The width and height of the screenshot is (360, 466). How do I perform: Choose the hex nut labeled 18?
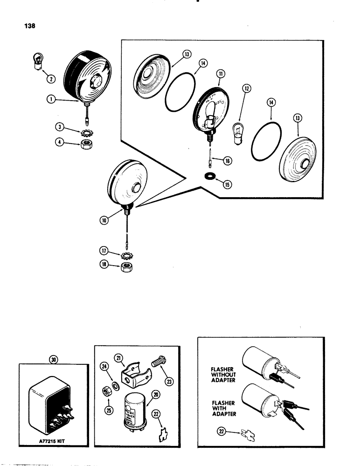click(x=126, y=268)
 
